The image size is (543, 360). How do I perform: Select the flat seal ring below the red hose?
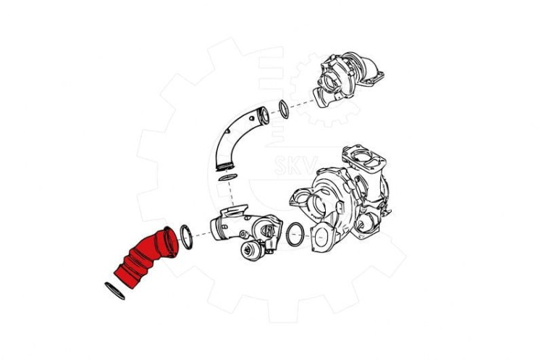(x=114, y=291)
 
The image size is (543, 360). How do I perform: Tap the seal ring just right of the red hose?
(x=186, y=237)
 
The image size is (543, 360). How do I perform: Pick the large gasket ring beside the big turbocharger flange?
(x=295, y=234)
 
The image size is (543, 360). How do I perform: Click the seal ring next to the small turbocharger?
(x=283, y=109)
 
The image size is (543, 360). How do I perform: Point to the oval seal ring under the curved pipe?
(x=228, y=177)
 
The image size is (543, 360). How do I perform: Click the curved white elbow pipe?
(x=239, y=138)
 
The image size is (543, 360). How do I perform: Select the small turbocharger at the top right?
(x=346, y=80)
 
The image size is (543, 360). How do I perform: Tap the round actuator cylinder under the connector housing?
(x=252, y=251)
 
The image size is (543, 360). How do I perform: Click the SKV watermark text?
(x=296, y=166)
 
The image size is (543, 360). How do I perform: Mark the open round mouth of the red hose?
(x=172, y=242)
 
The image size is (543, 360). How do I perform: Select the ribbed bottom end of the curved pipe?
(x=226, y=167)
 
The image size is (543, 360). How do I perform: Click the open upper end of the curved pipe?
(x=264, y=115)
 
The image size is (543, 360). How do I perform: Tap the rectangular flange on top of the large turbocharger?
(x=363, y=159)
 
